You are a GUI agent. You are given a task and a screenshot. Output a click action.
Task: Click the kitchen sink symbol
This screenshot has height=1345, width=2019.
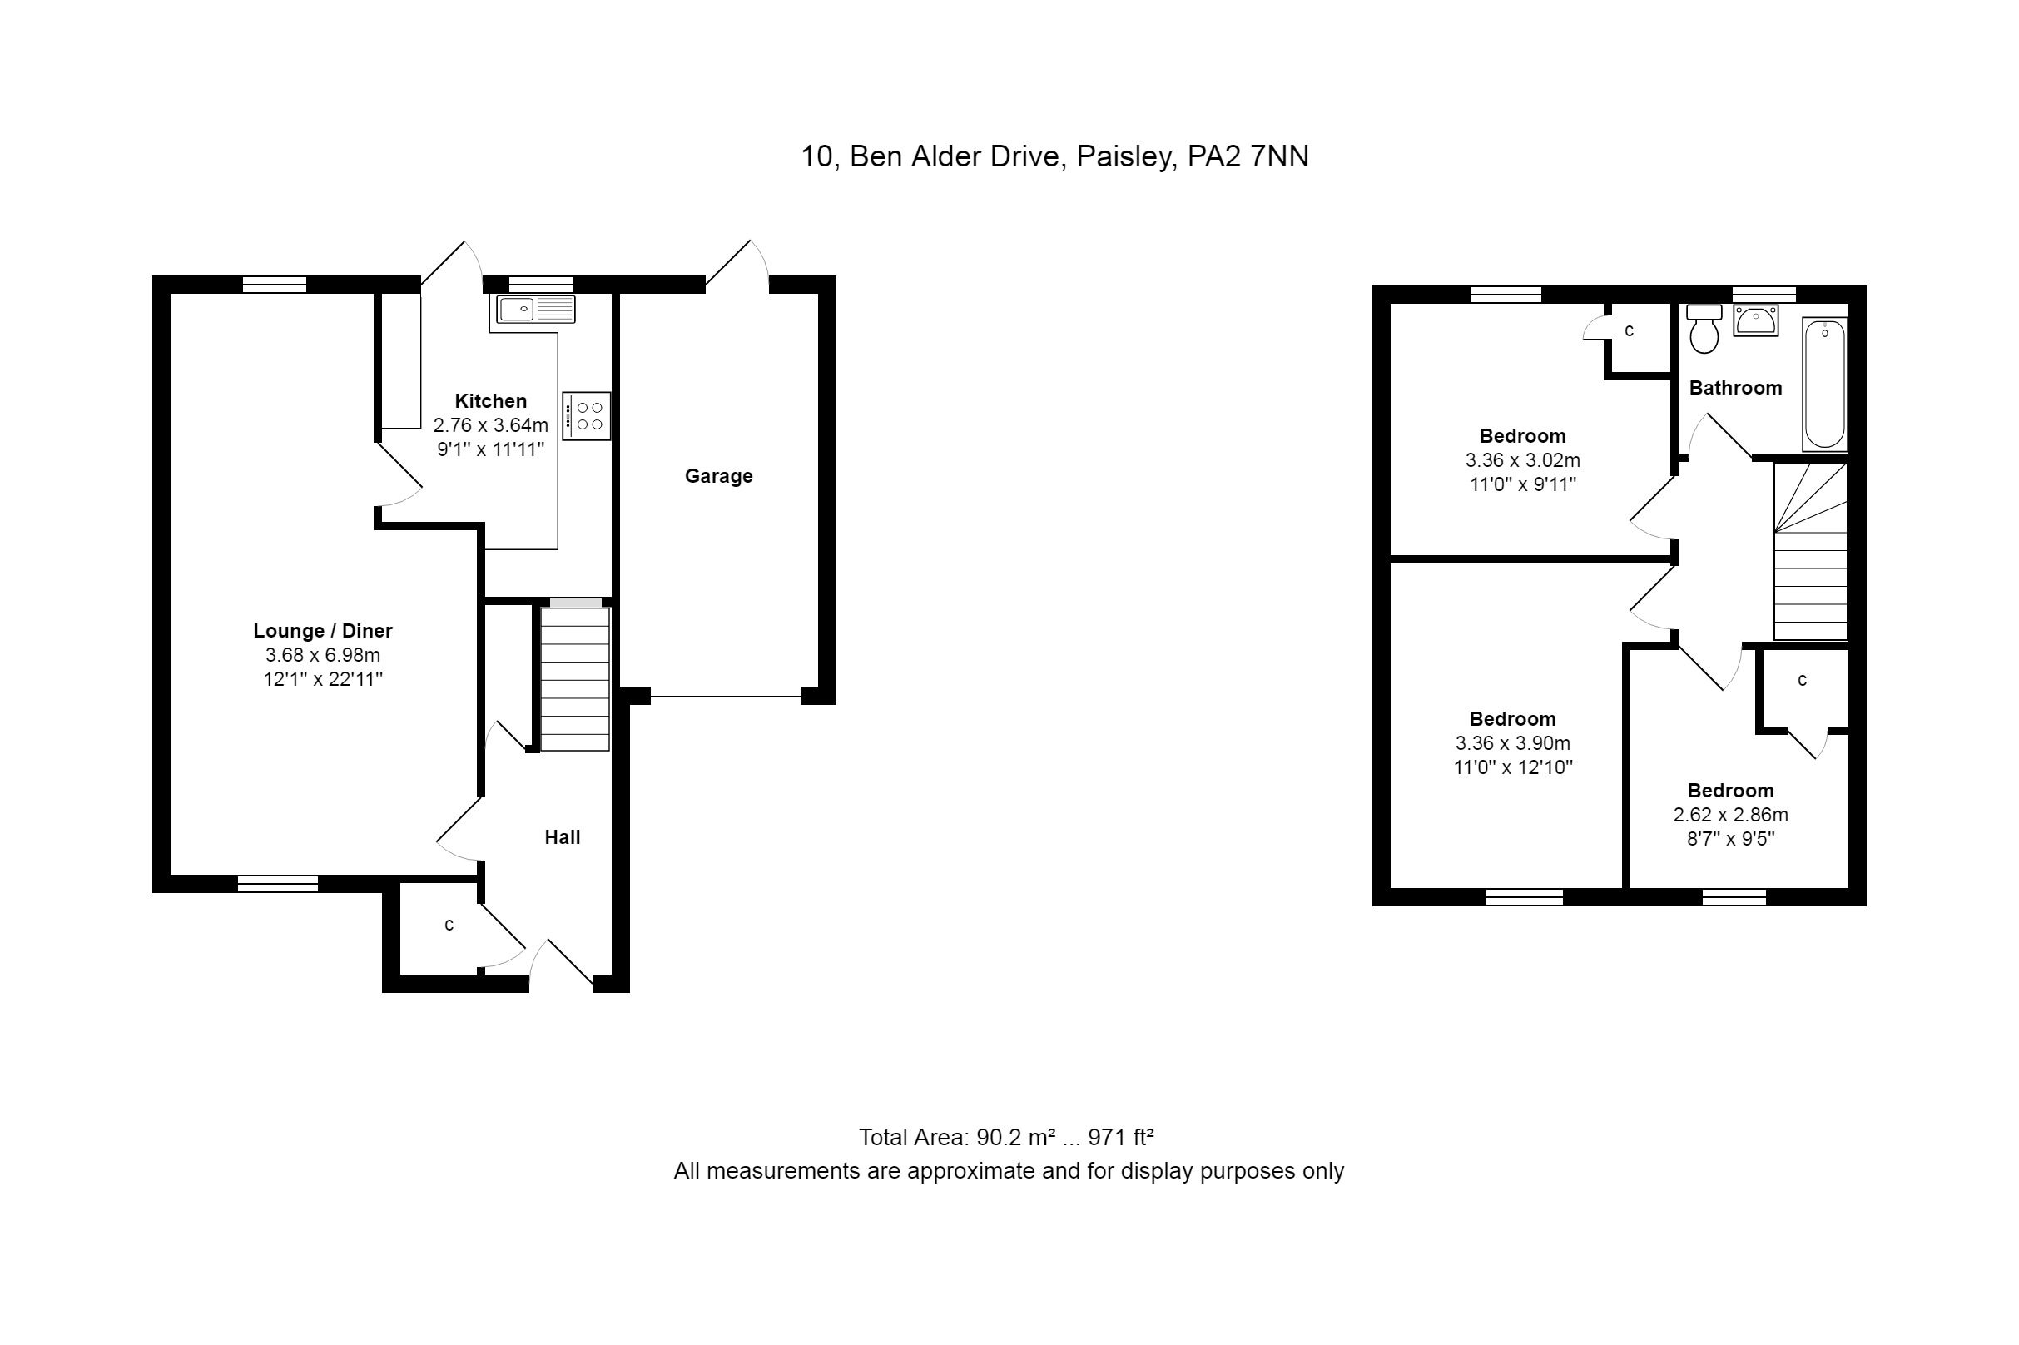click(x=535, y=309)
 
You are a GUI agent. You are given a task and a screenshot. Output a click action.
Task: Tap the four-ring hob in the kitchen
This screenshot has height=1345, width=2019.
click(x=587, y=416)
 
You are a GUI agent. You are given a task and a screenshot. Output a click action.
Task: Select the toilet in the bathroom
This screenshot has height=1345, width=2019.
click(x=1704, y=329)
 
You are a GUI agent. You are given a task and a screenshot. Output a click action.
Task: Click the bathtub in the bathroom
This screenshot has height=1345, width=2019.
click(x=1824, y=384)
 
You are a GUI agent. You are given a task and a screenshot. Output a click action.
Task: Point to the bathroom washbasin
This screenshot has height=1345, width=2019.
click(x=1756, y=320)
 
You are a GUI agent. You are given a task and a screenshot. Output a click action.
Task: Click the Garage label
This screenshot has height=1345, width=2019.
click(x=719, y=476)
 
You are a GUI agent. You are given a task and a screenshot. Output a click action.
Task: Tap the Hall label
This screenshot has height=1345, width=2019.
click(x=563, y=837)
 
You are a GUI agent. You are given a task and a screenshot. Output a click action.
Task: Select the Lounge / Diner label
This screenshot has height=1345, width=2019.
click(x=324, y=631)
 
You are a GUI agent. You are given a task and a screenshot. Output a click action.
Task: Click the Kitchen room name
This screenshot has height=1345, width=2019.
click(x=490, y=400)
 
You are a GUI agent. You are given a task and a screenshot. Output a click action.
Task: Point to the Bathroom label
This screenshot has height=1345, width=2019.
click(x=1736, y=388)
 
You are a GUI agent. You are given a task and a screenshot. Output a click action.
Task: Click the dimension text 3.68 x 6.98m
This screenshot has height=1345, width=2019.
click(x=323, y=655)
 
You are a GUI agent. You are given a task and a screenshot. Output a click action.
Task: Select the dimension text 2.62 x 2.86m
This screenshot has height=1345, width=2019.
click(x=1731, y=815)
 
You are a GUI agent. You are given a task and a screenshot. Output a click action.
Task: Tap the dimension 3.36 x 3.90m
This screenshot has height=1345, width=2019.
click(x=1513, y=743)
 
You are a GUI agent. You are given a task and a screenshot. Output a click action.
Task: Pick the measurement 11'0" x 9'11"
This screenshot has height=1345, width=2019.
click(x=1523, y=484)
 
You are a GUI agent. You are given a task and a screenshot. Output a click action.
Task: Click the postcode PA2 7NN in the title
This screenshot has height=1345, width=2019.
click(x=1248, y=157)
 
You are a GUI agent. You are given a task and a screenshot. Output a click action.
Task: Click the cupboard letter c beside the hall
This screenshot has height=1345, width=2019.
click(x=449, y=925)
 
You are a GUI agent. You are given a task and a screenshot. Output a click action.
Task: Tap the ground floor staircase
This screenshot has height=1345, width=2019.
click(x=574, y=677)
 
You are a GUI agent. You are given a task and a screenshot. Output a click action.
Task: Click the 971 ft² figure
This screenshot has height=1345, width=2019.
click(x=1121, y=1138)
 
